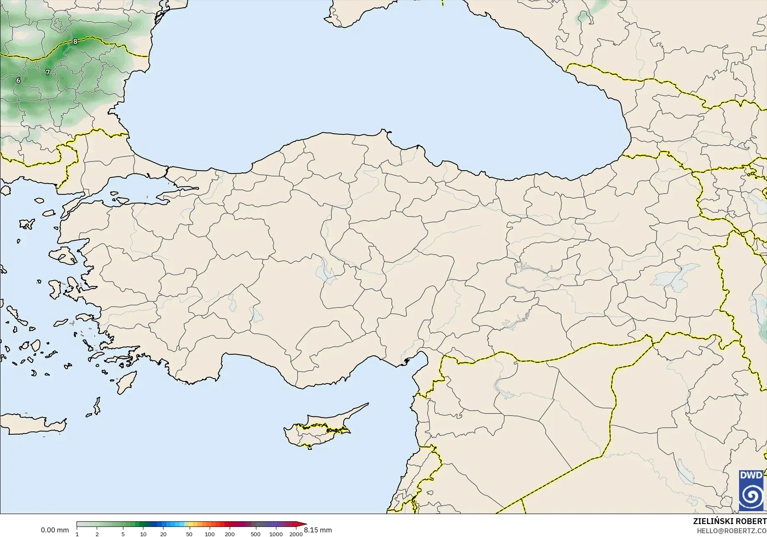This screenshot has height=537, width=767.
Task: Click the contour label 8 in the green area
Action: coord(75,41)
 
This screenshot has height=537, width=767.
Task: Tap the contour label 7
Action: coord(48,72)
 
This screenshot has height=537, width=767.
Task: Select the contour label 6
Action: coord(18,80)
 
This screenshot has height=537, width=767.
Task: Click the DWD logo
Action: coord(751,490)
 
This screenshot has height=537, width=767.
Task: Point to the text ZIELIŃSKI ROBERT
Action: coord(729,521)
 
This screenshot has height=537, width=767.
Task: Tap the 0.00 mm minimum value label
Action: coord(55,530)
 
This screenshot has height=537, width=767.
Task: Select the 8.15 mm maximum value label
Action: coord(318,530)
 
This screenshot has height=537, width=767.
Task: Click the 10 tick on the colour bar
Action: coord(143,534)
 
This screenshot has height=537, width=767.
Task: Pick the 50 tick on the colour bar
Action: coord(189,534)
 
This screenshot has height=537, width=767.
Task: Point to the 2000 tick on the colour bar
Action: coord(296,534)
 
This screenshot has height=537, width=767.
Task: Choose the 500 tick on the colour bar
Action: coord(256,534)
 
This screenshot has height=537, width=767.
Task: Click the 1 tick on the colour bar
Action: coord(77,534)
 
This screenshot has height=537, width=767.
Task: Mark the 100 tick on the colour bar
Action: coord(210,534)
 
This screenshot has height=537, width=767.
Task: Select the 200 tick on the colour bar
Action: coord(230,534)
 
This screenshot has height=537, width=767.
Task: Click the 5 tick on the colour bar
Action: coord(123,534)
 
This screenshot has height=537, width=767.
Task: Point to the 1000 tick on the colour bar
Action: coord(276,534)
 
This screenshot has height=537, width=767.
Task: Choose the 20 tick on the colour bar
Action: coord(163,534)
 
